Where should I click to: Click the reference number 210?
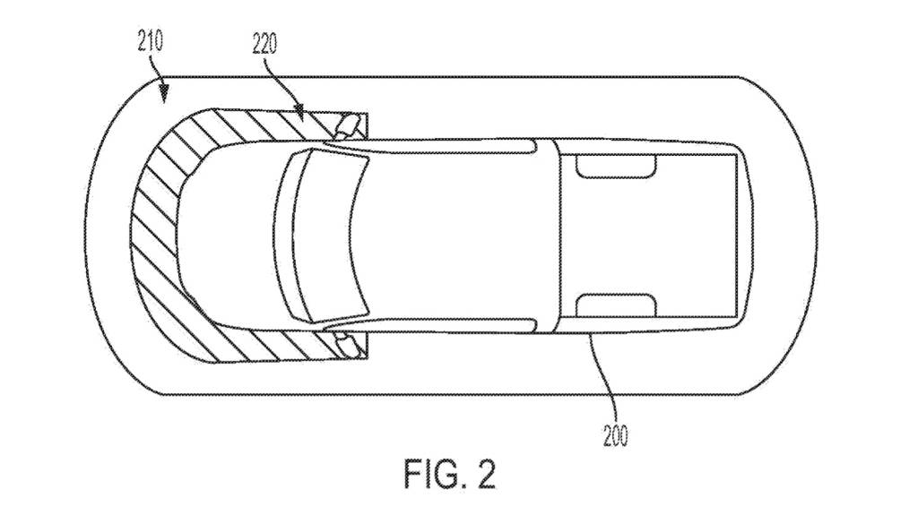(150, 41)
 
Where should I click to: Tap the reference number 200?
(614, 436)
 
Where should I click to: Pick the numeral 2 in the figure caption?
(484, 473)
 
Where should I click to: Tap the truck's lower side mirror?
(348, 343)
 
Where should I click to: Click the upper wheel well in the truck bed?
(615, 165)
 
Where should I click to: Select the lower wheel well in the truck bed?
(615, 305)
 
